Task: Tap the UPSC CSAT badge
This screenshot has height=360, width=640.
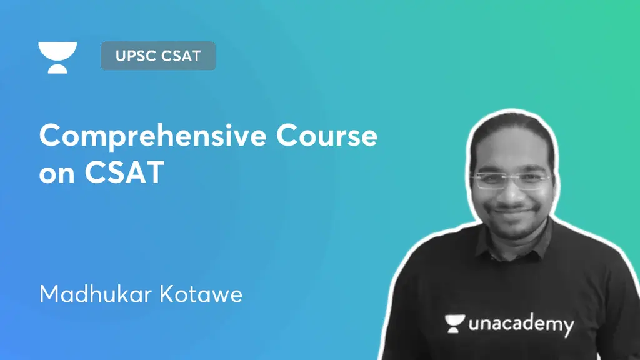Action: (x=157, y=56)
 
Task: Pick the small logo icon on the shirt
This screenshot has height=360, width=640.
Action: (x=455, y=322)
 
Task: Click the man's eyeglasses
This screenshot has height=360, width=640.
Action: (x=509, y=180)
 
